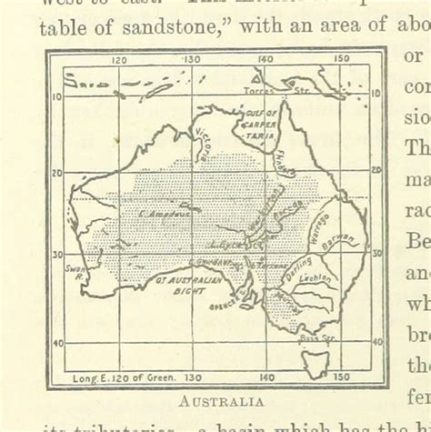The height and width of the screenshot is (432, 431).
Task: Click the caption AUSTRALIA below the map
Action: pyautogui.click(x=221, y=400)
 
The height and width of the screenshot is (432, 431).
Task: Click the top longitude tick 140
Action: pyautogui.click(x=264, y=62)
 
